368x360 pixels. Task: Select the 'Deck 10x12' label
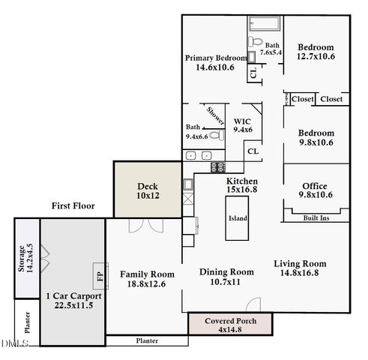tap(147, 190)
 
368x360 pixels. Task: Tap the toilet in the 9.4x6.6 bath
tap(214, 136)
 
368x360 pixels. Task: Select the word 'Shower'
tap(216, 115)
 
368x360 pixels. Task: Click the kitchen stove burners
tap(216, 167)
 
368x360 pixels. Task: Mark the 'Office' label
tap(315, 185)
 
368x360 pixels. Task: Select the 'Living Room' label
tap(299, 263)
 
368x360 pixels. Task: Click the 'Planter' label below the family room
tap(147, 340)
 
